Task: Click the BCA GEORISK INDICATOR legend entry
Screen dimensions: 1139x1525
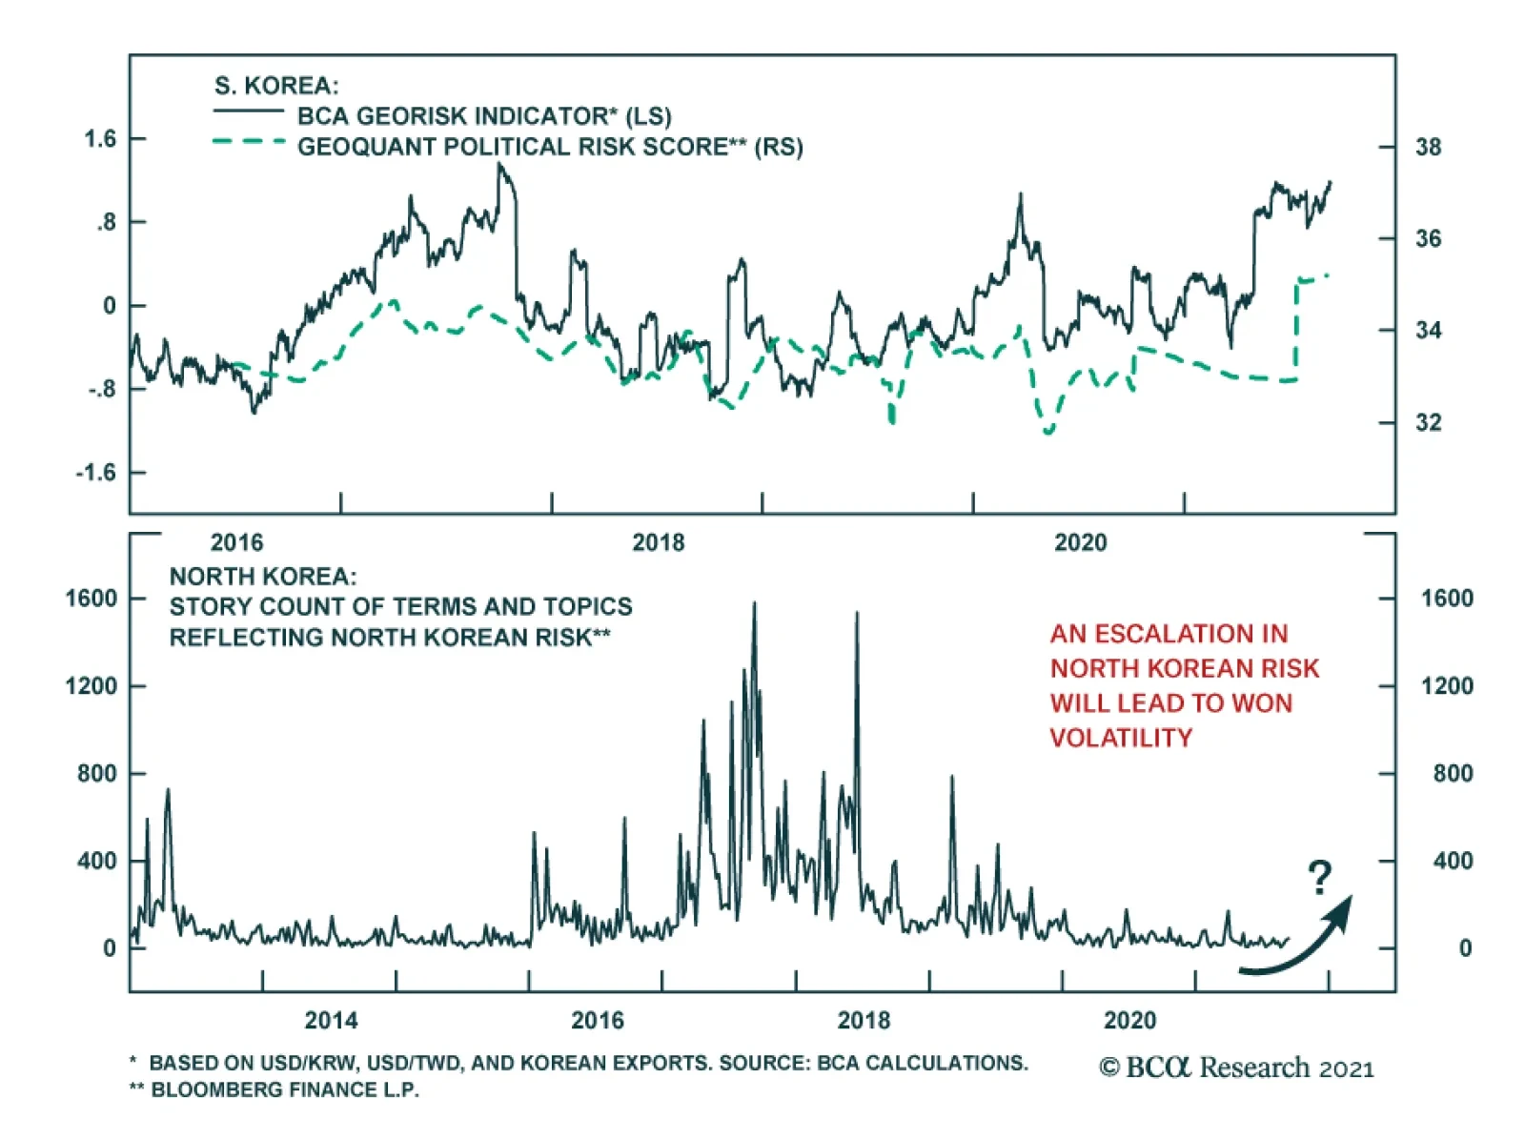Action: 483,116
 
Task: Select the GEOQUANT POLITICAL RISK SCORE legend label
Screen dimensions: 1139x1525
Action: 549,147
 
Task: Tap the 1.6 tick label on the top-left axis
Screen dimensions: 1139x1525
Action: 100,139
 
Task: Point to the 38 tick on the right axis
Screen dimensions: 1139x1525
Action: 1428,147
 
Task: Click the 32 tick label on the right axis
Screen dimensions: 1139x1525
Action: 1428,422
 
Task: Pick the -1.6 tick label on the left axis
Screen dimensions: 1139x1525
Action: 96,473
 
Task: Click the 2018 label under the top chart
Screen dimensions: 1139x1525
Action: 658,542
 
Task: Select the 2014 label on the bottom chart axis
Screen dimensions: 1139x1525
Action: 331,1020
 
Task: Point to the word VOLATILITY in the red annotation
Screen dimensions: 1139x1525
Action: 1121,738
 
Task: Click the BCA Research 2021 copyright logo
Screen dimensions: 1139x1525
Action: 1236,1068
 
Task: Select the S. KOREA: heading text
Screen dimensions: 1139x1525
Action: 275,86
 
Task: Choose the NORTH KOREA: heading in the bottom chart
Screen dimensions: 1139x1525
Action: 263,577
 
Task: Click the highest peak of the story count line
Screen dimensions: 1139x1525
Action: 755,604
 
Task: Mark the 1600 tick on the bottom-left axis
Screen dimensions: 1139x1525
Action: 91,599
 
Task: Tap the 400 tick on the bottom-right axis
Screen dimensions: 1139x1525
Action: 1452,861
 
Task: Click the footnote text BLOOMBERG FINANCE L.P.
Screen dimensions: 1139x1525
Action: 284,1089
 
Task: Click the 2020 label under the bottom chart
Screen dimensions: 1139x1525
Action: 1129,1020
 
